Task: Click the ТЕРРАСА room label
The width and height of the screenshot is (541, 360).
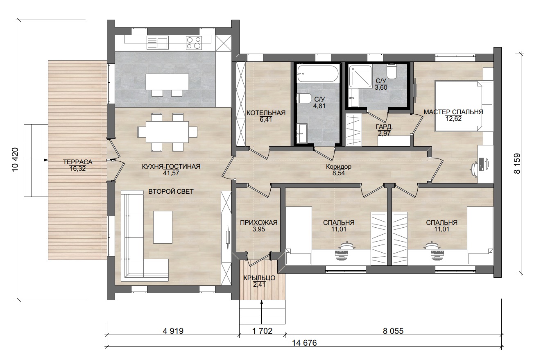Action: coord(77,162)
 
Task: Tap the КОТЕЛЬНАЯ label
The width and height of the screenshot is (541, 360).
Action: coord(266,113)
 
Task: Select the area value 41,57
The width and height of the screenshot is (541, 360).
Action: coord(171,173)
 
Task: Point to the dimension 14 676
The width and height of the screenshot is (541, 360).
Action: coord(304,343)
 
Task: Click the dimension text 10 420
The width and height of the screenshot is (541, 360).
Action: coord(15,160)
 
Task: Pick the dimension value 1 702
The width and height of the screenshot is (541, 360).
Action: coord(262,331)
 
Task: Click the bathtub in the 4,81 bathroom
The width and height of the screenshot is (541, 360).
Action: coord(317,73)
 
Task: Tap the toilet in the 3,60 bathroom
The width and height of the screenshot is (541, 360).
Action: coord(392,71)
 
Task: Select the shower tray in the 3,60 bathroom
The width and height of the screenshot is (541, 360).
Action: coord(360,76)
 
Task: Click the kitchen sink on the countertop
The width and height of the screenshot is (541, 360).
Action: coord(157,43)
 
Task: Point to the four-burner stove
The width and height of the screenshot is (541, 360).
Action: coord(194,43)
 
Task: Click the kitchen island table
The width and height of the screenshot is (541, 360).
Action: coord(167,82)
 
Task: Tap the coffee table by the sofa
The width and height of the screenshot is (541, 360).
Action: coord(163,227)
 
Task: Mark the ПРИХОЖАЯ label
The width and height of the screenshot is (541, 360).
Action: coord(259,222)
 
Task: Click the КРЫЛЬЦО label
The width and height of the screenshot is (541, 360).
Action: coord(259,278)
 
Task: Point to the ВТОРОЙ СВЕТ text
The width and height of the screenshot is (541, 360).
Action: coord(171,192)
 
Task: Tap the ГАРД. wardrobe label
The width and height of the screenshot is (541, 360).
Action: coord(384,127)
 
